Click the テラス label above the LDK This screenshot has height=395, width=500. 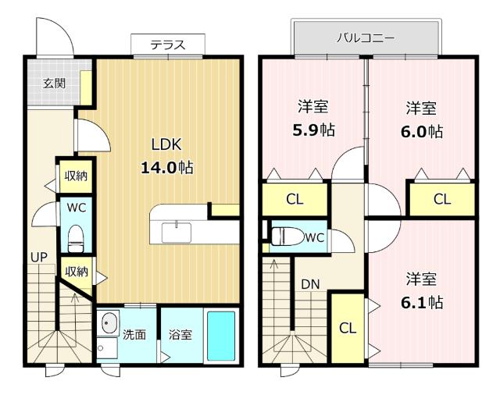(168, 45)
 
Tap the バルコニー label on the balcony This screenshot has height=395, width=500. (366, 38)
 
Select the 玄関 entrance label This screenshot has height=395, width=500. (55, 84)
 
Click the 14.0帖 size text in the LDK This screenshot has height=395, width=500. (167, 167)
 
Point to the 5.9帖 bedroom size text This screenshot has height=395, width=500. (314, 130)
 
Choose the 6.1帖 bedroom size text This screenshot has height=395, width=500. (422, 302)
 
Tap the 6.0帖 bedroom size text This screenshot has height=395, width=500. (422, 131)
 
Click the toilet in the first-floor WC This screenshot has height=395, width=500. (76, 239)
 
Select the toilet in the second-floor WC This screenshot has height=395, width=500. (287, 236)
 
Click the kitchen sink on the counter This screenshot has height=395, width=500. (177, 233)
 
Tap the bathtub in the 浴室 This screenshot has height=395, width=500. (221, 336)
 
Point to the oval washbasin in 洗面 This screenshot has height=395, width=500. (109, 322)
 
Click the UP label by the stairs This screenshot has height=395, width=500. (39, 258)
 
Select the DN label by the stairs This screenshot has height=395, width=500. (310, 284)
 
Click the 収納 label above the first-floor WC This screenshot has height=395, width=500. (76, 176)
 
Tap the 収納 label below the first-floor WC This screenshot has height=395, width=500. (77, 272)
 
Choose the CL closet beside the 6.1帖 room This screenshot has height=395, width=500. (348, 327)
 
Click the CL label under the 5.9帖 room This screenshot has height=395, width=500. (295, 199)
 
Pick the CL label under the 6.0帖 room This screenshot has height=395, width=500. (442, 199)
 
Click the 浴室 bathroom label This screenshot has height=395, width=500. (180, 335)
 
